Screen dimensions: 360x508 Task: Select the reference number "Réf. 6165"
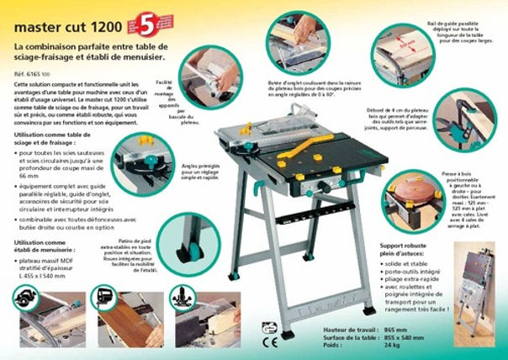point(32,74)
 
